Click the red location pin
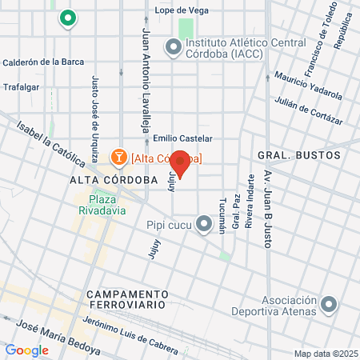[x=181, y=162]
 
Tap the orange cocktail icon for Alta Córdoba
[x=118, y=156]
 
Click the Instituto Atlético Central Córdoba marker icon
[x=173, y=48]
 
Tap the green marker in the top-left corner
[x=67, y=17]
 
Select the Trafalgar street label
[x=21, y=87]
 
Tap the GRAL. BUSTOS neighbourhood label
[x=298, y=154]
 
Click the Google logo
[x=26, y=350]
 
